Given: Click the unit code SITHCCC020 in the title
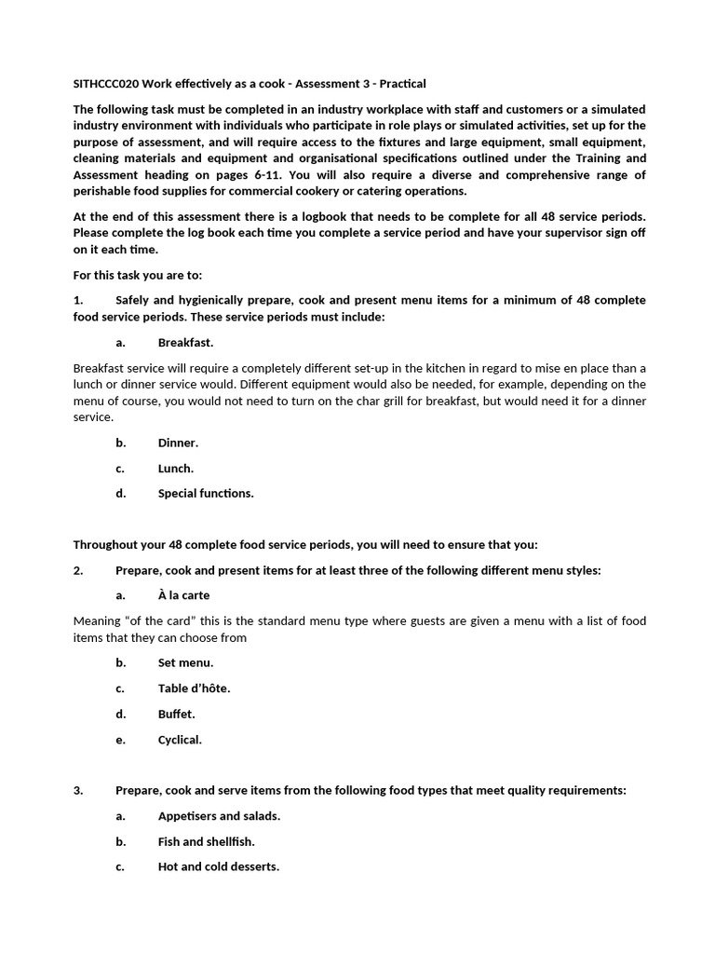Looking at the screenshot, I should coord(105,84).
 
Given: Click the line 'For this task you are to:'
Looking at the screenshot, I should coord(137,275).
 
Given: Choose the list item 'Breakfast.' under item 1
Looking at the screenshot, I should coord(185,342).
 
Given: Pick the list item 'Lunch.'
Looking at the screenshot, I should coord(176,469).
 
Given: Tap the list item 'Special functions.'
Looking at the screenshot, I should coord(205,494).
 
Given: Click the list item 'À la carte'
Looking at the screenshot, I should coord(183,595).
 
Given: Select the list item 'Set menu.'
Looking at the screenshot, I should coord(185,663).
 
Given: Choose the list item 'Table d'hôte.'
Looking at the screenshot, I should coord(194,688).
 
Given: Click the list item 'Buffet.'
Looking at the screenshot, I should coord(177,715).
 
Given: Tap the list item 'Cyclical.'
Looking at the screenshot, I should coord(180,740).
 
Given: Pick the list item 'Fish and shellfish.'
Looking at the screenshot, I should coord(206,841).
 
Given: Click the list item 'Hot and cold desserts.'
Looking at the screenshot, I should coord(218,866).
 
